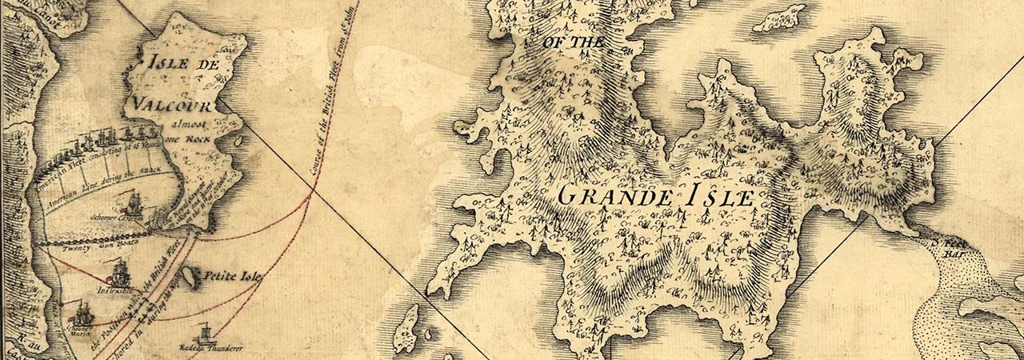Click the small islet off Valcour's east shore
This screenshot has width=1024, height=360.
coord(237,143)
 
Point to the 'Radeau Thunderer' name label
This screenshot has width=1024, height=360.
coord(202,348)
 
